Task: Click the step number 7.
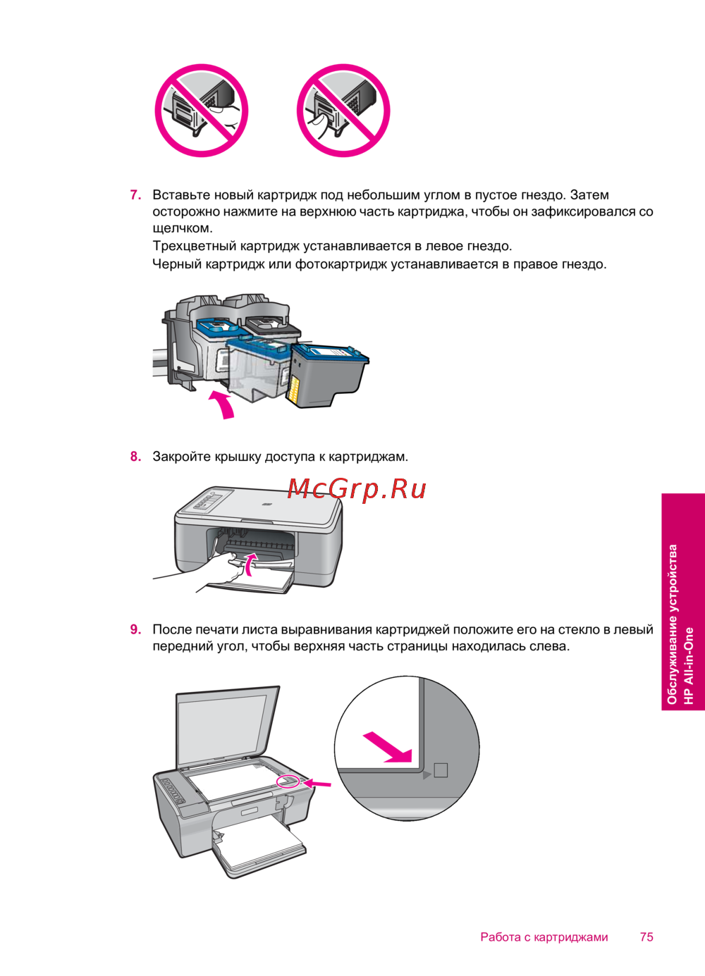(x=135, y=194)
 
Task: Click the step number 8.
(x=135, y=456)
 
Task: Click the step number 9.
(x=135, y=629)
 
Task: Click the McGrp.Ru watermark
(x=357, y=488)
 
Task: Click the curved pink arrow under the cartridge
(x=223, y=403)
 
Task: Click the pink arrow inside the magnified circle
(x=387, y=747)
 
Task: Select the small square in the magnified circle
(x=441, y=770)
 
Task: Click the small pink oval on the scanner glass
(x=288, y=782)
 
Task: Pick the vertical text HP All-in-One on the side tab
(x=688, y=666)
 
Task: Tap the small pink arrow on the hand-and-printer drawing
(x=250, y=564)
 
